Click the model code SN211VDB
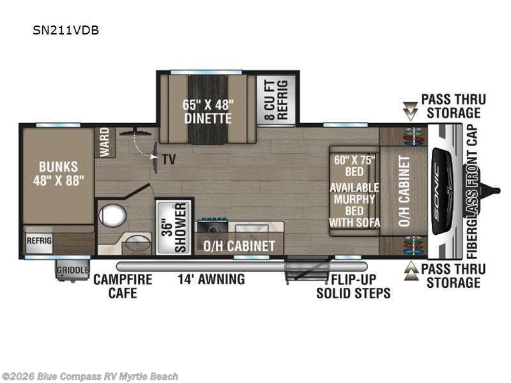click(66, 30)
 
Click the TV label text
click(169, 159)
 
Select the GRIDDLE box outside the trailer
click(72, 269)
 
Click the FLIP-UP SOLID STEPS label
click(353, 286)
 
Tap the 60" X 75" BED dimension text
click(348, 165)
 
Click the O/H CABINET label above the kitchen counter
click(239, 246)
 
